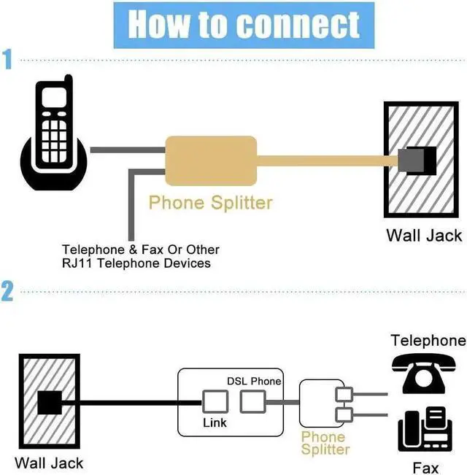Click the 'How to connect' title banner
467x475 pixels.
[x=244, y=24]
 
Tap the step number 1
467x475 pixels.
[x=8, y=59]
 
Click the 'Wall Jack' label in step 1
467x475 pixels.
[x=424, y=235]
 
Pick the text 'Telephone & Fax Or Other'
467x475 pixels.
[x=140, y=250]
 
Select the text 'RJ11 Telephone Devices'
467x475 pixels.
[x=136, y=263]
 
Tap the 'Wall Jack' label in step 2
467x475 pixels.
[x=49, y=463]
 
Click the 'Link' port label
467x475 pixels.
[x=215, y=422]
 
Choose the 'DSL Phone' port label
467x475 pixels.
[x=253, y=381]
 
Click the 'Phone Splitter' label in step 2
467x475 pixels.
[x=325, y=444]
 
